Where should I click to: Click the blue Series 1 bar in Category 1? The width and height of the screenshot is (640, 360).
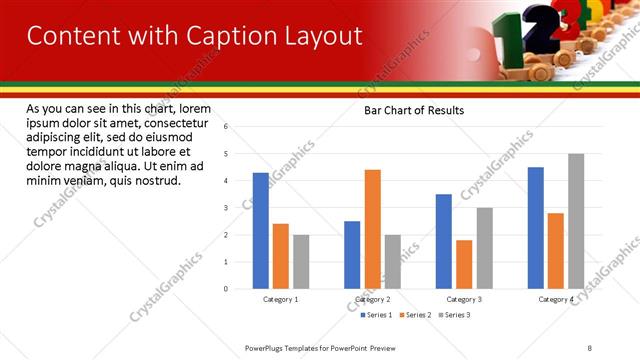pos(261,230)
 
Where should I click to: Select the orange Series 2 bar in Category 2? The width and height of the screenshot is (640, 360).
pos(372,229)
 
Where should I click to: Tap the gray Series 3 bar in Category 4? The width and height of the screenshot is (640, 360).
pos(576,221)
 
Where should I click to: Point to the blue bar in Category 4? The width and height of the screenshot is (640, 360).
pos(536,227)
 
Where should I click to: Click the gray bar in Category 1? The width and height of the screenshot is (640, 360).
pos(301,261)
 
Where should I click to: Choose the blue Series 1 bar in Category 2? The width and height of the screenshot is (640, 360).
pos(352,254)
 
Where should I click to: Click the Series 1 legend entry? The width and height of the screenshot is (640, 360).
pos(376,315)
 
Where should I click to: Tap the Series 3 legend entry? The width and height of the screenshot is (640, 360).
pos(455,315)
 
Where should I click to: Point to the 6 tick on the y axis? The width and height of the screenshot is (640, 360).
pos(226,127)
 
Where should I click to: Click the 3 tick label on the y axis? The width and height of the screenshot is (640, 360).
pos(226,208)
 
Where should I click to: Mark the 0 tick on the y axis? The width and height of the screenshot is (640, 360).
pos(226,289)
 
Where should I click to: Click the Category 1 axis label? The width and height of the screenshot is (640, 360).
pos(281,299)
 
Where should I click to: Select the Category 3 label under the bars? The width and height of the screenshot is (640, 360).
pos(464,299)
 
